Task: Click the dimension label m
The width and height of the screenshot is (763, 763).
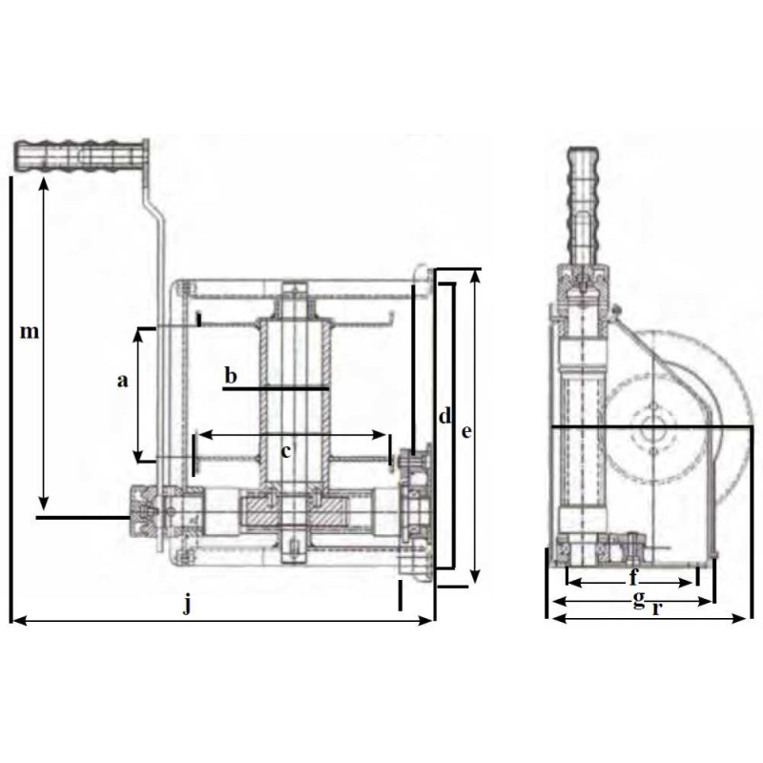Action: pos(30,332)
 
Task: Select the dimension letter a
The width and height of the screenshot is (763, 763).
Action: pos(123,381)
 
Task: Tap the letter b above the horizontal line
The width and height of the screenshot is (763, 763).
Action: pos(231,375)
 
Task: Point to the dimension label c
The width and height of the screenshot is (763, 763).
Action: pos(286,452)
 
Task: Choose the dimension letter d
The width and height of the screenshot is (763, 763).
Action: pos(444,416)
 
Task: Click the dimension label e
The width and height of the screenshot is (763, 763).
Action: pos(466,431)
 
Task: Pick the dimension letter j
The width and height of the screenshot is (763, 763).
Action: pos(187,605)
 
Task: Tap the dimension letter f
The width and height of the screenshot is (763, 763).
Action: pos(633,577)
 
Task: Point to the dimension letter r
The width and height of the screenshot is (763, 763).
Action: pos(657,608)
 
